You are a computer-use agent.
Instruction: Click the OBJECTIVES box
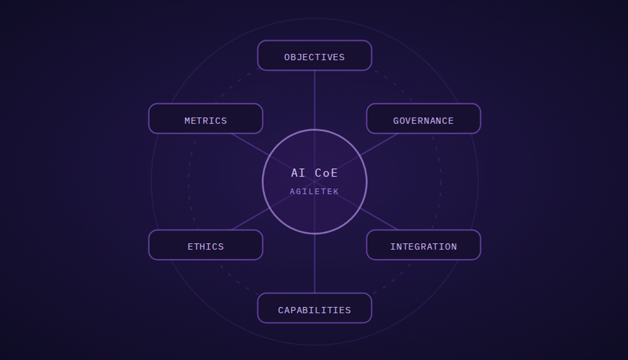point(314,56)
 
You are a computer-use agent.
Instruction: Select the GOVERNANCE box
point(423,119)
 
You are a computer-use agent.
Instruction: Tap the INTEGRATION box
point(423,245)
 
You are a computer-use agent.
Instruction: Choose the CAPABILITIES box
point(314,308)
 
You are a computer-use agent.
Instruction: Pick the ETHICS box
point(206,245)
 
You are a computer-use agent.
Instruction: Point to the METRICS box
point(206,119)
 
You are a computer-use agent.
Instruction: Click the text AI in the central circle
point(298,173)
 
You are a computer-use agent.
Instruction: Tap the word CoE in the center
point(326,173)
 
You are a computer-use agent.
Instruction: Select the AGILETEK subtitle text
point(314,192)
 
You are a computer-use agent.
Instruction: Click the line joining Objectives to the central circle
point(315,100)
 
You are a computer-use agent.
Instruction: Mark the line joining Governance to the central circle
point(379,145)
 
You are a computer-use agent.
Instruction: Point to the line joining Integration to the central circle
point(379,219)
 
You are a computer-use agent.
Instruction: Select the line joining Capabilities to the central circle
point(315,263)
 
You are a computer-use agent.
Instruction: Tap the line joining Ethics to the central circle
point(250,219)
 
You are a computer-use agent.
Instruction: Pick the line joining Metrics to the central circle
point(250,145)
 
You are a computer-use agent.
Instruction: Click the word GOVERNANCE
point(423,120)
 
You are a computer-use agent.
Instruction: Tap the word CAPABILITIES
point(314,310)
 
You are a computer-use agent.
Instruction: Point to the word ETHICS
point(206,246)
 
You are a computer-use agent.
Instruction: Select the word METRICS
point(206,120)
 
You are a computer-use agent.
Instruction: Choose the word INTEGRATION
point(423,246)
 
